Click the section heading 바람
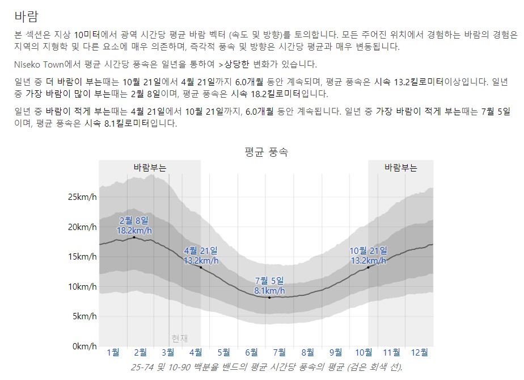click(x=29, y=15)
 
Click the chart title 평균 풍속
click(x=266, y=152)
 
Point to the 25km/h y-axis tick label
click(x=82, y=197)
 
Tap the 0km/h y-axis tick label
click(x=84, y=346)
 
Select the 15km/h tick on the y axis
click(x=82, y=257)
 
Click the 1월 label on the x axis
click(x=113, y=353)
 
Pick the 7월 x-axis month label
click(x=280, y=353)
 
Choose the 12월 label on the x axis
click(x=420, y=353)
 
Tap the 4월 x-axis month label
click(x=196, y=353)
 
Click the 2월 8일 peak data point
click(x=134, y=237)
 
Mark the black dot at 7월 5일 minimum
click(x=269, y=298)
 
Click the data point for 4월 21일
click(x=200, y=268)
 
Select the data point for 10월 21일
click(x=368, y=268)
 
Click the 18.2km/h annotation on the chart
click(x=134, y=231)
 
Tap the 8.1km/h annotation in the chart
click(x=270, y=291)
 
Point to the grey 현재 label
click(x=179, y=338)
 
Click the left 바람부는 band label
click(x=150, y=168)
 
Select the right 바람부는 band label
click(x=400, y=168)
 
